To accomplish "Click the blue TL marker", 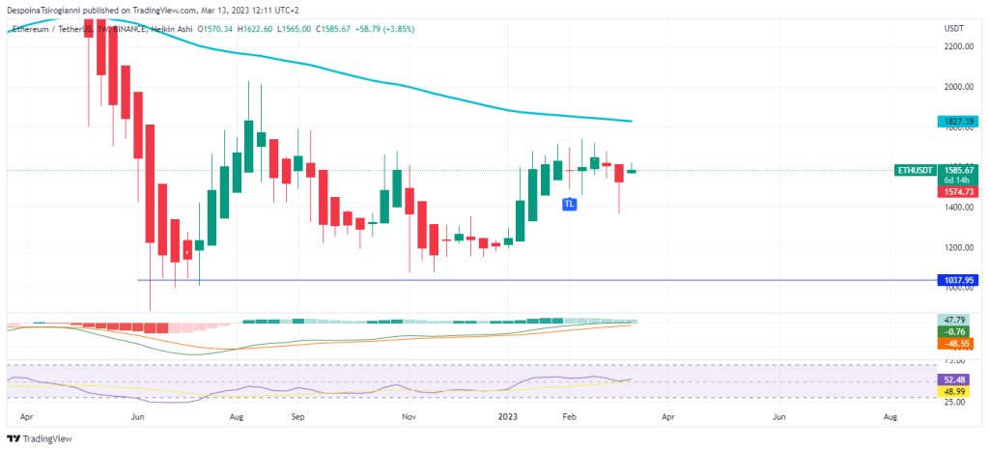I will click(571, 204).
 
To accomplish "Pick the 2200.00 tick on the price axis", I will click(958, 46).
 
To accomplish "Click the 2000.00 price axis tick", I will click(958, 87).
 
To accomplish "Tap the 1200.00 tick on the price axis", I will click(958, 247).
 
